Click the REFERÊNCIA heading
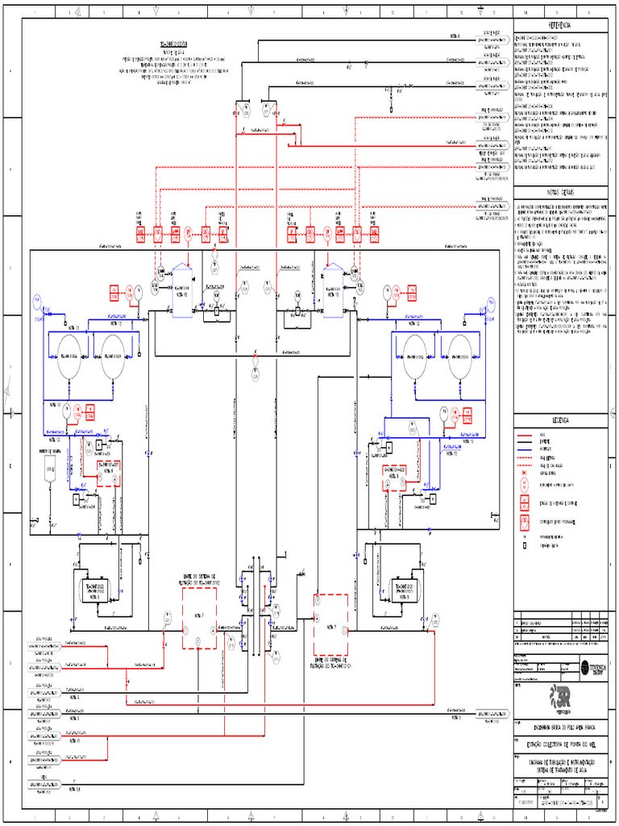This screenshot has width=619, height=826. (559, 25)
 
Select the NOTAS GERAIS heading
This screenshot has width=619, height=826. (559, 193)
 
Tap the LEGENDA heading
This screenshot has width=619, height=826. (559, 420)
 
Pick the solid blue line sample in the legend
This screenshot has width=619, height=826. (524, 442)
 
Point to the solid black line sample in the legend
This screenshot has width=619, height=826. (524, 448)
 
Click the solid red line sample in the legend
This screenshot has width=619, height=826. (524, 435)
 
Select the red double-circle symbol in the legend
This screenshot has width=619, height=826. (524, 485)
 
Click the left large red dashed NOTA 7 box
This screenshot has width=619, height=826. (199, 617)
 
